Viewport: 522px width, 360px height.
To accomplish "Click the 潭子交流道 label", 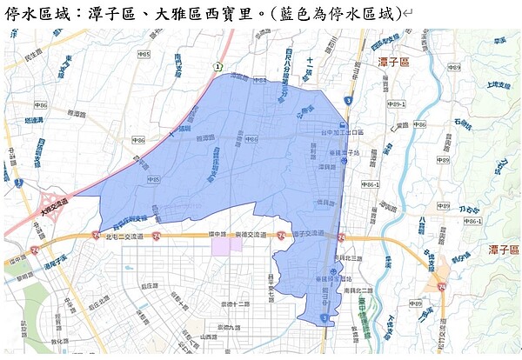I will click(x=309, y=234).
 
